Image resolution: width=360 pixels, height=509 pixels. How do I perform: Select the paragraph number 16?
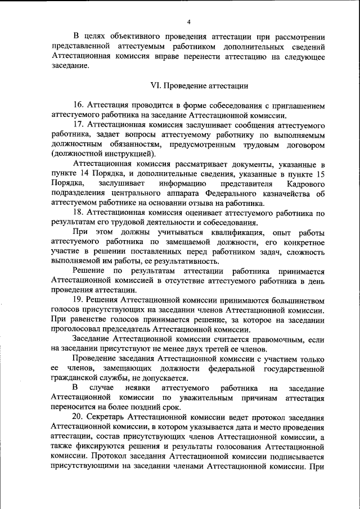click(x=78, y=105)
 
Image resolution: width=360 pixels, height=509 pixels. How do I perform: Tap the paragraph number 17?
click(x=78, y=124)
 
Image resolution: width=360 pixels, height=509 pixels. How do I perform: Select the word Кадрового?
click(x=305, y=184)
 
